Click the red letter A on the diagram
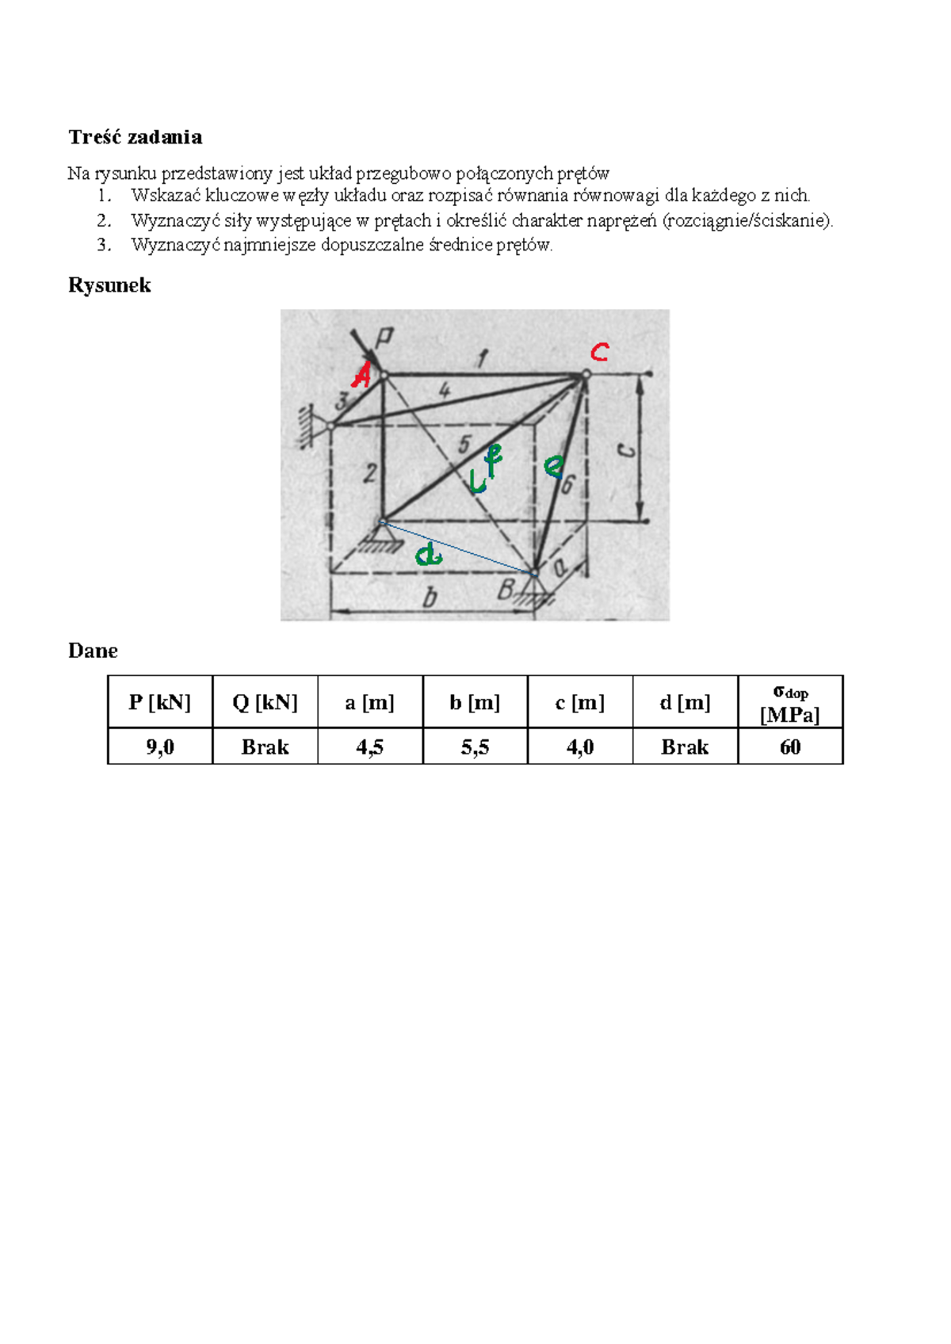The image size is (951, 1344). (x=362, y=376)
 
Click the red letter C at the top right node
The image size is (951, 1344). (x=599, y=352)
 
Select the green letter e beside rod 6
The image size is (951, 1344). (x=554, y=466)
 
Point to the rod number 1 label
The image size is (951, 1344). (x=482, y=359)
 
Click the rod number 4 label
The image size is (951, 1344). (x=444, y=391)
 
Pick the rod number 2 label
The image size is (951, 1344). (x=369, y=473)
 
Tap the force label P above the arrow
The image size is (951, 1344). (x=384, y=338)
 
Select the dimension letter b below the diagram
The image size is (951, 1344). (x=430, y=598)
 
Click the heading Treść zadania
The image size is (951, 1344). (x=135, y=137)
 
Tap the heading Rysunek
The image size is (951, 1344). (x=109, y=284)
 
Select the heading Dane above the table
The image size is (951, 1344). (x=93, y=651)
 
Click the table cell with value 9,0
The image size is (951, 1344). (x=160, y=746)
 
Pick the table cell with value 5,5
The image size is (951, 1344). (x=475, y=746)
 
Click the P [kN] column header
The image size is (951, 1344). (x=160, y=702)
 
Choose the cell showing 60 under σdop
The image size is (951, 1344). (x=790, y=746)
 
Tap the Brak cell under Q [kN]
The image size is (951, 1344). (x=265, y=746)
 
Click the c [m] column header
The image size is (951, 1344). (x=580, y=702)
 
